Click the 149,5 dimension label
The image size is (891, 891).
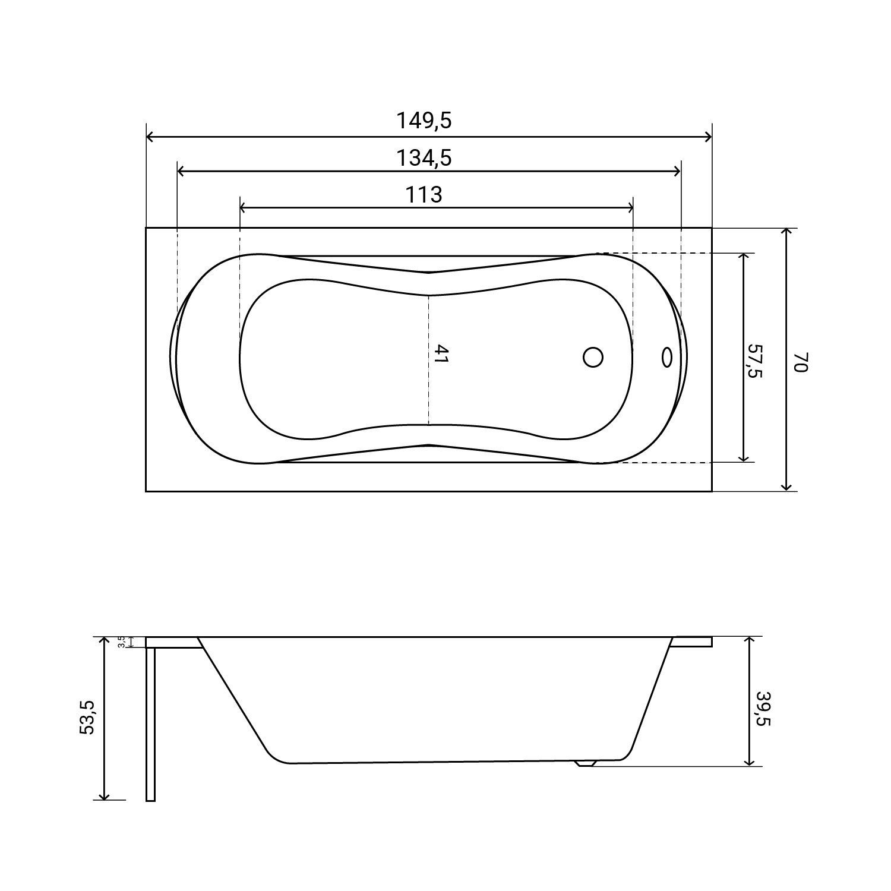[424, 121]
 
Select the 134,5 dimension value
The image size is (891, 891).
[424, 158]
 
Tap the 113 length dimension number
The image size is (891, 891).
[424, 194]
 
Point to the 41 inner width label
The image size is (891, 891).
[440, 355]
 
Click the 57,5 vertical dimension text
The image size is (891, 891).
[755, 361]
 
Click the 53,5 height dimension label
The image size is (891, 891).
[87, 718]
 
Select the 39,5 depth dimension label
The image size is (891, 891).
[763, 709]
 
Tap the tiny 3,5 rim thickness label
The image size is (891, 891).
[121, 642]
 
